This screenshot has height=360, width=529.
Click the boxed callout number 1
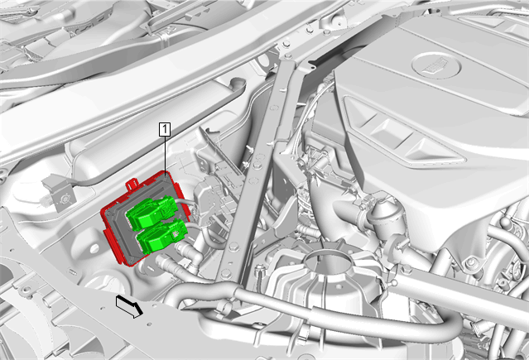[165, 130]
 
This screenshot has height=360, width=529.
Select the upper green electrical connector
[151, 212]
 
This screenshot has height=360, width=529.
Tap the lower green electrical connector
[161, 236]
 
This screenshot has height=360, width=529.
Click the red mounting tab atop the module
[132, 185]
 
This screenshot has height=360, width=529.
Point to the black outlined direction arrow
[129, 305]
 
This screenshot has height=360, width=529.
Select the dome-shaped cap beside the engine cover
[386, 216]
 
